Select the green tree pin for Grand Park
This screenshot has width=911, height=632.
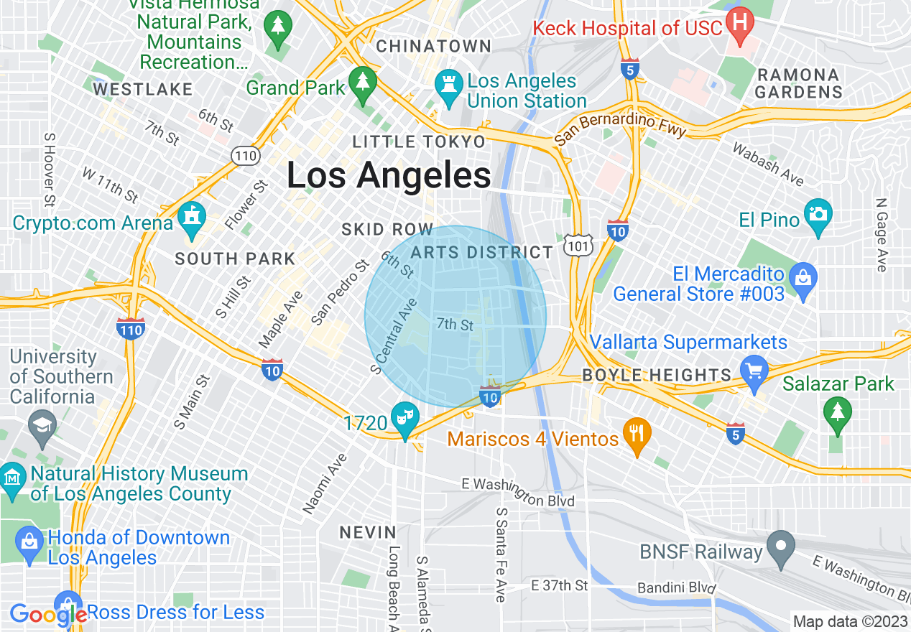(x=363, y=81)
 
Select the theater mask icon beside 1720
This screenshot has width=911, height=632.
(x=404, y=418)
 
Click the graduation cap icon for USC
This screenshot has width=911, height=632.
(x=42, y=426)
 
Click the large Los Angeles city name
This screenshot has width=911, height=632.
(x=389, y=175)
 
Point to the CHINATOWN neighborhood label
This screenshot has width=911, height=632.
(x=434, y=47)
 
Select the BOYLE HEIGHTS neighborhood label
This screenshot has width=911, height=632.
(x=657, y=375)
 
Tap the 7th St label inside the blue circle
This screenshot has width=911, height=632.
(x=455, y=325)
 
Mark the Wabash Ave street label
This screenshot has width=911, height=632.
(x=767, y=164)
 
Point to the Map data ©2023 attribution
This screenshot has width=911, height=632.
(x=849, y=621)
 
